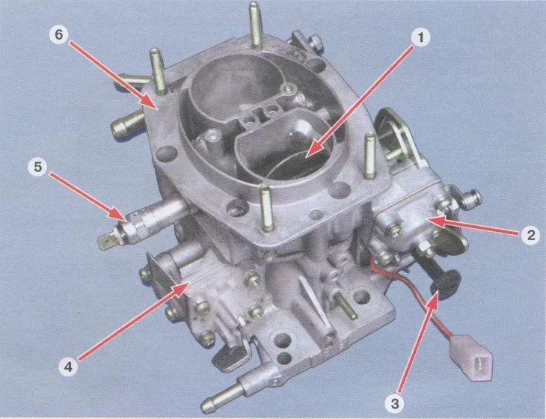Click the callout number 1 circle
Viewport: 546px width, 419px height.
click(x=420, y=38)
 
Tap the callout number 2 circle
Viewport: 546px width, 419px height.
click(x=530, y=235)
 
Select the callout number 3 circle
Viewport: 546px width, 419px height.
click(x=394, y=404)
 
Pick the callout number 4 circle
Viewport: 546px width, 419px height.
click(x=68, y=367)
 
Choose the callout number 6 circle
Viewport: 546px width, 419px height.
click(x=60, y=35)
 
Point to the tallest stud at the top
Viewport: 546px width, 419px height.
click(x=254, y=25)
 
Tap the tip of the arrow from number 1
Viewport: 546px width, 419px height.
click(x=305, y=156)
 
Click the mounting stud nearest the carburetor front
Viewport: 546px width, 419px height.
click(x=266, y=208)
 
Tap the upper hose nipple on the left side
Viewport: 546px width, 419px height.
click(x=132, y=79)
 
